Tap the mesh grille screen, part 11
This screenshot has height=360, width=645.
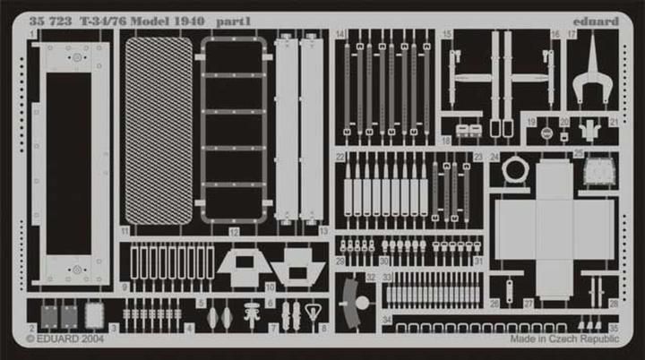pyautogui.click(x=159, y=131)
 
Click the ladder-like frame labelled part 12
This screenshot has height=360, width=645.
pyautogui.click(x=234, y=131)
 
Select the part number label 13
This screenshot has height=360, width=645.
pyautogui.click(x=323, y=230)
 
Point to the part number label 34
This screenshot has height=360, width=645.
pyautogui.click(x=386, y=320)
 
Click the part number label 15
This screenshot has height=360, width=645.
pyautogui.click(x=446, y=34)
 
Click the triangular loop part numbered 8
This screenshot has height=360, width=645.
pyautogui.click(x=313, y=314)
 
